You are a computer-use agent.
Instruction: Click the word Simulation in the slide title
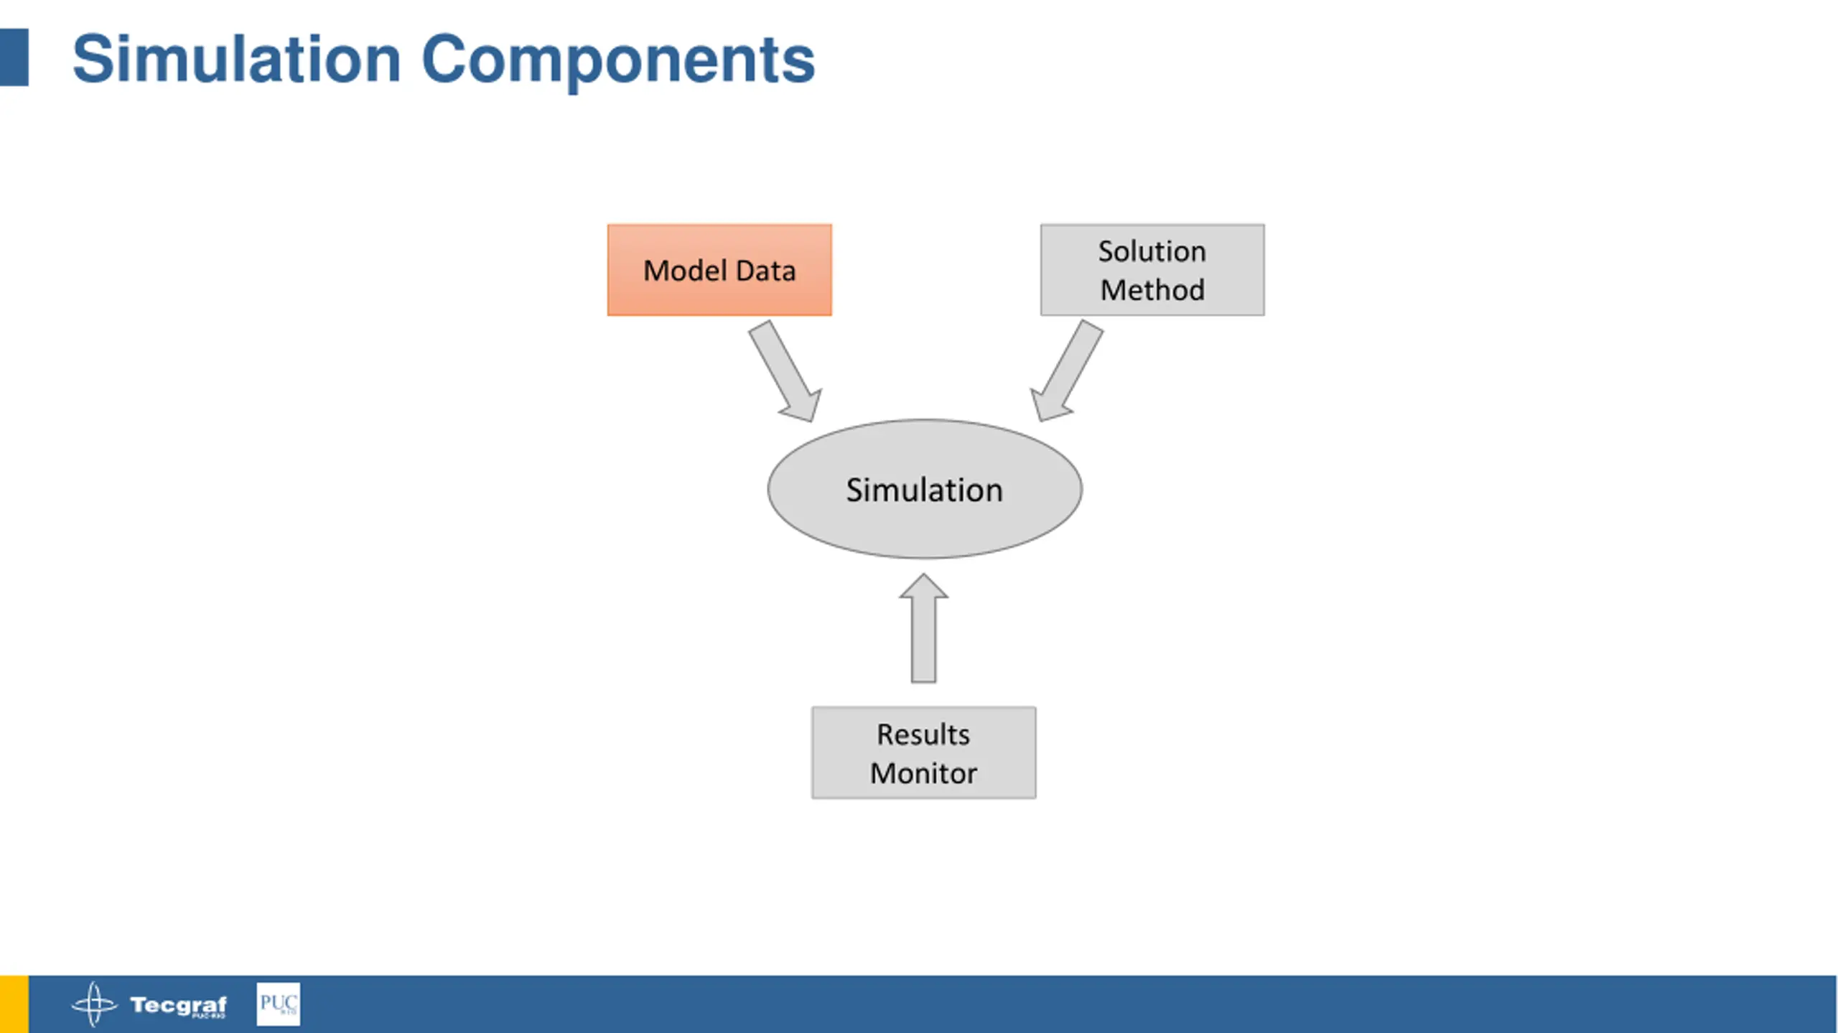click(236, 59)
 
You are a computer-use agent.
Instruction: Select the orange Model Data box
click(719, 270)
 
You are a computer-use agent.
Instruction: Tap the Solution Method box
click(1152, 270)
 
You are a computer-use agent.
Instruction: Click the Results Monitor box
click(923, 752)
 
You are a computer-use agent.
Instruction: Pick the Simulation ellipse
click(925, 489)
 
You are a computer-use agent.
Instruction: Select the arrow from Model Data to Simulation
click(785, 371)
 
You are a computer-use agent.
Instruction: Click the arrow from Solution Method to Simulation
click(1066, 371)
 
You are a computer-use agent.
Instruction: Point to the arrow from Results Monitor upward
click(923, 628)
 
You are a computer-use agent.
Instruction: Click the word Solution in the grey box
click(1152, 251)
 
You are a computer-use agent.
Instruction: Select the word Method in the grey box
click(1152, 290)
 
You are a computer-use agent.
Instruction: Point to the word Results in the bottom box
click(923, 734)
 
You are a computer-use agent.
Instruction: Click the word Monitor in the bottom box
click(923, 773)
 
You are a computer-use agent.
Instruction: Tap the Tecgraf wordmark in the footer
click(178, 1005)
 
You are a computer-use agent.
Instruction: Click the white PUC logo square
click(279, 1004)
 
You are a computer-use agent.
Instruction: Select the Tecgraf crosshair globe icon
click(94, 1004)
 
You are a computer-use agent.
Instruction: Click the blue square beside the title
click(14, 57)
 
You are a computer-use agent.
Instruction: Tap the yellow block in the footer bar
click(14, 1004)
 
